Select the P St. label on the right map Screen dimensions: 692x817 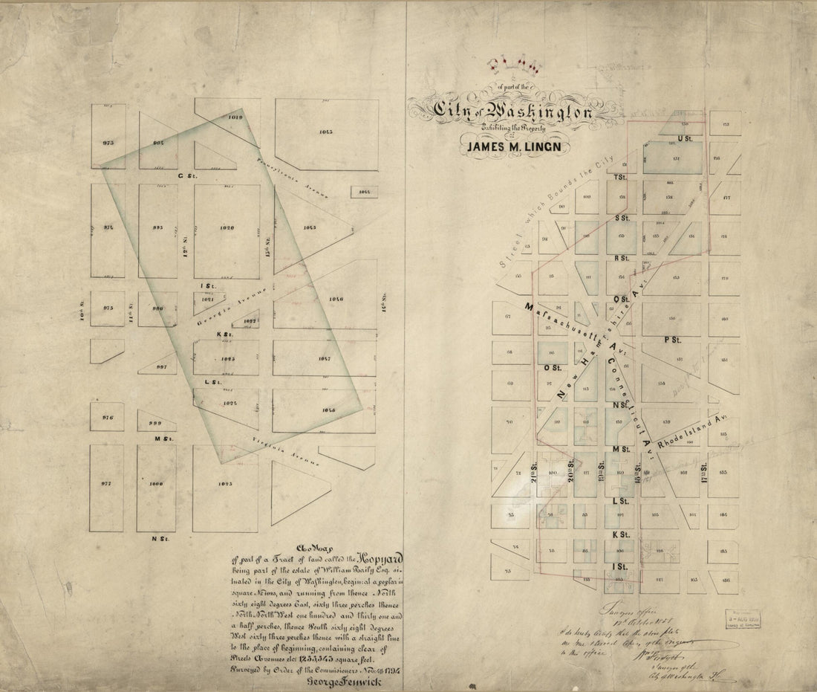pyautogui.click(x=672, y=340)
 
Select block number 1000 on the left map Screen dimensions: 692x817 pyautogui.click(x=156, y=484)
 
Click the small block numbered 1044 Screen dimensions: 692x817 pyautogui.click(x=364, y=192)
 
